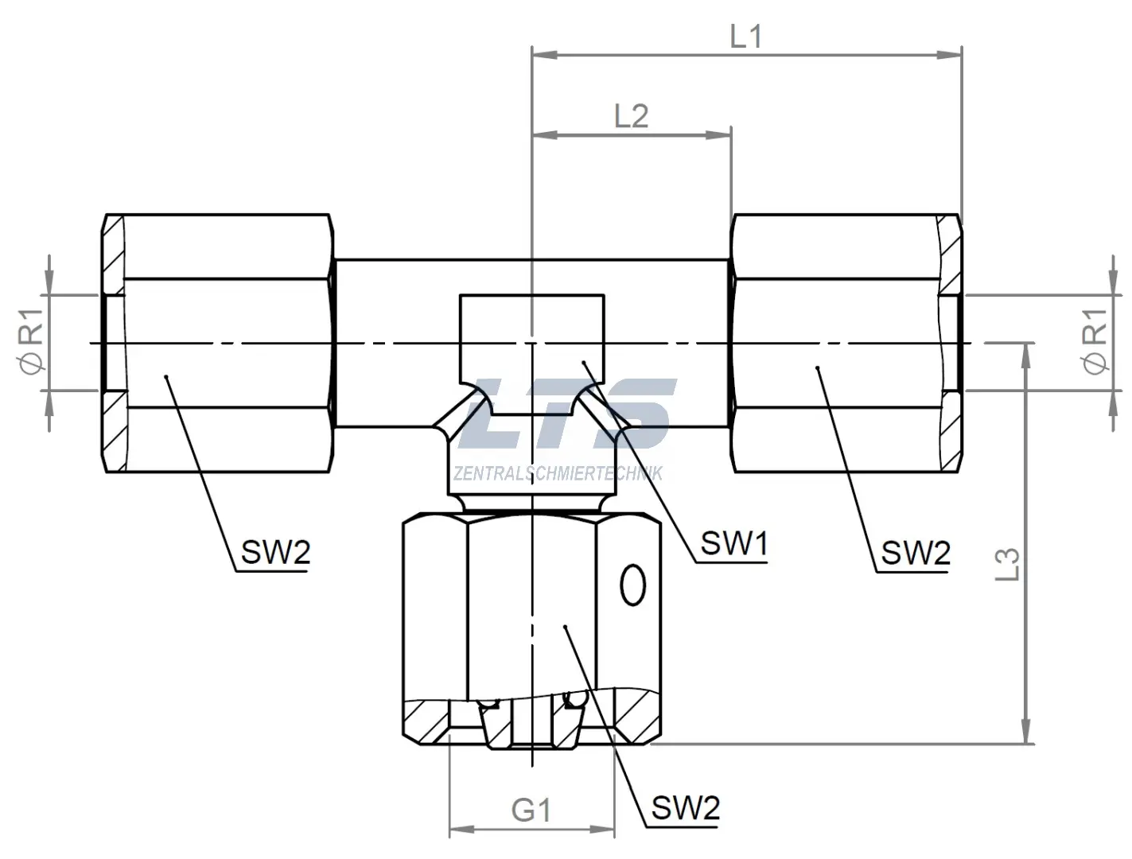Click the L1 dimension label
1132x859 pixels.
745,36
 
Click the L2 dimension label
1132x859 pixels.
631,116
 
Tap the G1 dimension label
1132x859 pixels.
531,810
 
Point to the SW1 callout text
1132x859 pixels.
733,544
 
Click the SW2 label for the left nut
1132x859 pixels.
275,551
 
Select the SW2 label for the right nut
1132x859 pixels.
916,552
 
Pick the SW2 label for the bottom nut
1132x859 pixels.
685,809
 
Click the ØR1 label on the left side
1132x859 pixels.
33,343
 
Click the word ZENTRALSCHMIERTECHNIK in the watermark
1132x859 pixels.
557,474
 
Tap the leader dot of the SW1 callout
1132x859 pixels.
584,363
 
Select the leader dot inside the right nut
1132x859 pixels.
818,367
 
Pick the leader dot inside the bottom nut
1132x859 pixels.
564,627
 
